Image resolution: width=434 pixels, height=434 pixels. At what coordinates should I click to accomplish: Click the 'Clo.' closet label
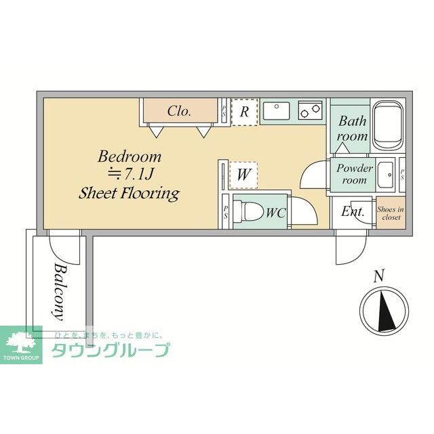pyautogui.click(x=179, y=111)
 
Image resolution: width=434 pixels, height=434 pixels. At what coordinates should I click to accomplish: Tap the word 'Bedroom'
pyautogui.click(x=130, y=156)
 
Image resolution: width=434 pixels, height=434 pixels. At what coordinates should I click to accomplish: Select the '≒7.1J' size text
pyautogui.click(x=130, y=175)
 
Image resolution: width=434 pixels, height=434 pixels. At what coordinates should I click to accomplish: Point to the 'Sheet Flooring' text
pyautogui.click(x=130, y=194)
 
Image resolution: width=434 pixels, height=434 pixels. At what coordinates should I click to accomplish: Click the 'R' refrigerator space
pyautogui.click(x=244, y=112)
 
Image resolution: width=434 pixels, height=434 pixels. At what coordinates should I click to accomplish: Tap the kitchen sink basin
pyautogui.click(x=277, y=110)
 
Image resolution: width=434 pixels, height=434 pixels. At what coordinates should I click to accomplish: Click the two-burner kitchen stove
pyautogui.click(x=311, y=110)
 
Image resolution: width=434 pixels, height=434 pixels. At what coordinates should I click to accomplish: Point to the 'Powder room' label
pyautogui.click(x=354, y=174)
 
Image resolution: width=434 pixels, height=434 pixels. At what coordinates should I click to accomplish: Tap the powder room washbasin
pyautogui.click(x=387, y=173)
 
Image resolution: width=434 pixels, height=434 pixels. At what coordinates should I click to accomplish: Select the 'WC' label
pyautogui.click(x=275, y=213)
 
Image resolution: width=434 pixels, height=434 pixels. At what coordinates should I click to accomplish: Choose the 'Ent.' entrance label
pyautogui.click(x=353, y=211)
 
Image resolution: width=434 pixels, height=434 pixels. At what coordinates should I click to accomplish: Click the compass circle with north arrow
pyautogui.click(x=384, y=309)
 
